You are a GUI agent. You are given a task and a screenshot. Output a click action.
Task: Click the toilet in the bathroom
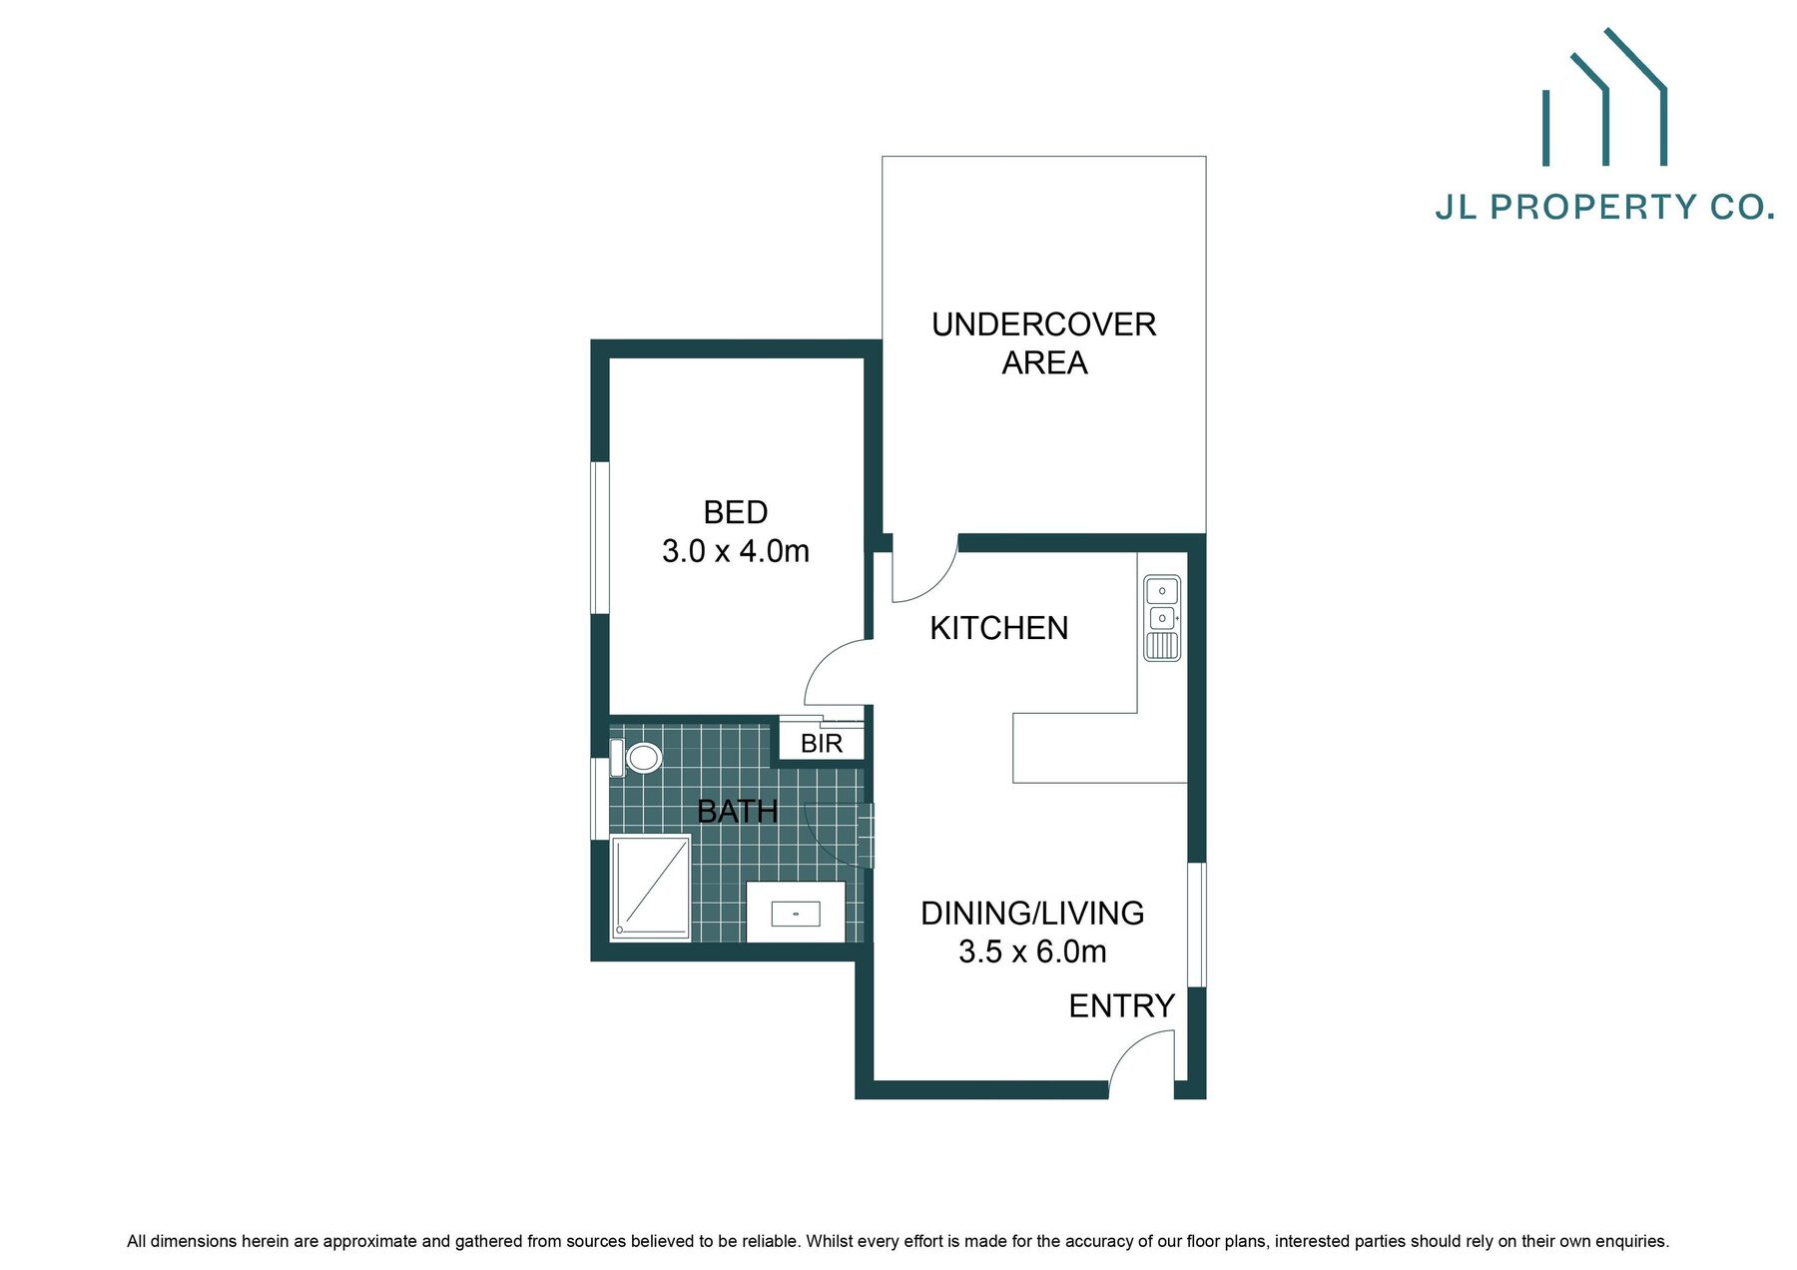click(637, 758)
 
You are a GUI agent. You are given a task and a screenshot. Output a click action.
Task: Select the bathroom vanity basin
click(796, 913)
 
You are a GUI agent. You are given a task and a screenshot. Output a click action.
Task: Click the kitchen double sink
click(1161, 618)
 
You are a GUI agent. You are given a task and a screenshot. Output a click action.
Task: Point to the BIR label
click(822, 744)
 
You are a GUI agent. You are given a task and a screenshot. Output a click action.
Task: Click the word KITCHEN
click(998, 628)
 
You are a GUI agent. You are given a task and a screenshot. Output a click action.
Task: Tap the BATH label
click(737, 812)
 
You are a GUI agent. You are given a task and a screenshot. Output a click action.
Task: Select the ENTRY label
click(1121, 1006)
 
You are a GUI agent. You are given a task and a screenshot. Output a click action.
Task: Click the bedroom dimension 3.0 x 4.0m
click(736, 551)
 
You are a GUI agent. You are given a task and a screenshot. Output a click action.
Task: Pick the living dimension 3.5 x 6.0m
click(1032, 952)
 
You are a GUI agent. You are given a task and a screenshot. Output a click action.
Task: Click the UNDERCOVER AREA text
click(1044, 343)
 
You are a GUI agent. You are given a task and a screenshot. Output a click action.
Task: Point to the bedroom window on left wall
click(600, 537)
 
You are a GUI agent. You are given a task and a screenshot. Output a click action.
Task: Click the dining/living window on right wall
click(1196, 925)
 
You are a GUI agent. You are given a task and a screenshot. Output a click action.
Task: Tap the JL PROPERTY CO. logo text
click(1604, 208)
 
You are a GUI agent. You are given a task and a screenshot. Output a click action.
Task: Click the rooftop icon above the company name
click(1604, 97)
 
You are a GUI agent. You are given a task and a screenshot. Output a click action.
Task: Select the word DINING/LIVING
click(1032, 914)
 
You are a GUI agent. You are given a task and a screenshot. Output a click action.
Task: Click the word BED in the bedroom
click(736, 512)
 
